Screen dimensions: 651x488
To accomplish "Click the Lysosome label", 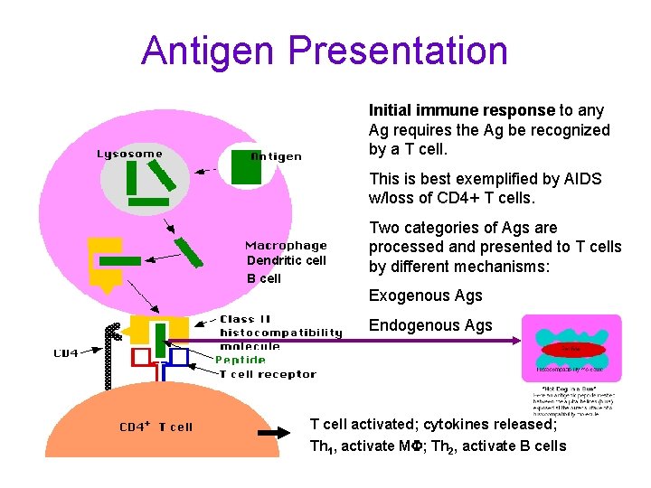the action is [130, 154].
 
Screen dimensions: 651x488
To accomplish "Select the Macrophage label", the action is [286, 245].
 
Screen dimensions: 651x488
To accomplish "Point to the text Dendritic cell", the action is [286, 261].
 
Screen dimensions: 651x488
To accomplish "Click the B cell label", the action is [264, 278].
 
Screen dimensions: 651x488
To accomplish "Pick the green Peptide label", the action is [241, 360].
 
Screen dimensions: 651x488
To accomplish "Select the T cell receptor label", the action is [268, 373].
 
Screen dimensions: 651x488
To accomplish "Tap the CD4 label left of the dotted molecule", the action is [66, 353].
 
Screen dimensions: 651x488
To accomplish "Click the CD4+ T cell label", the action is [156, 427].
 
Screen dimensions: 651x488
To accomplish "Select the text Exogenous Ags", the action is [425, 296].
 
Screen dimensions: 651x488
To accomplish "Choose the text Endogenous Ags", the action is [430, 325].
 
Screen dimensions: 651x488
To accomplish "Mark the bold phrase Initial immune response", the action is [461, 110].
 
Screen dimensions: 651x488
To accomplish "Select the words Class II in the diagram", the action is [245, 319].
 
